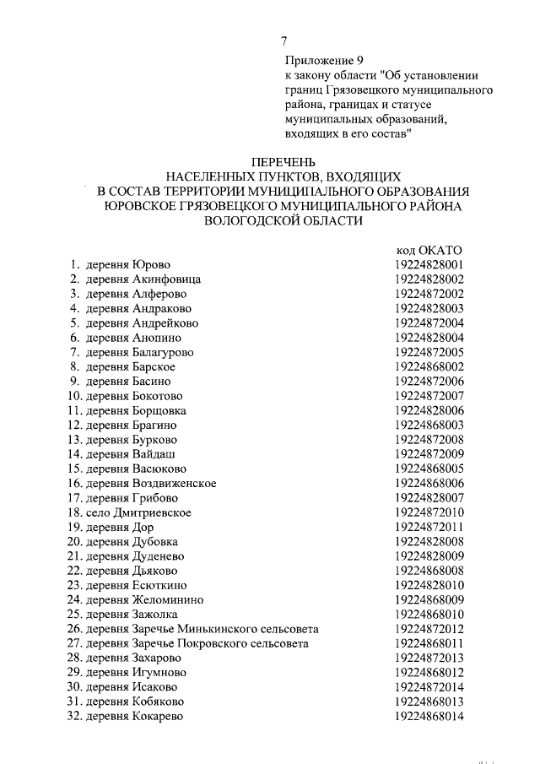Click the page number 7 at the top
pyautogui.click(x=284, y=40)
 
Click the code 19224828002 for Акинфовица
pyautogui.click(x=429, y=279)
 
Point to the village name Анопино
pyautogui.click(x=159, y=337)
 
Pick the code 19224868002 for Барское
pyautogui.click(x=429, y=366)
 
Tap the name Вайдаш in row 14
pyautogui.click(x=154, y=454)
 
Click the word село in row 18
pyautogui.click(x=97, y=512)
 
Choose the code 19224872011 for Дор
pyautogui.click(x=429, y=527)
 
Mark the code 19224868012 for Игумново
pyautogui.click(x=429, y=673)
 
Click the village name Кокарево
pyautogui.click(x=158, y=717)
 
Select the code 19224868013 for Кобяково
pyautogui.click(x=429, y=702)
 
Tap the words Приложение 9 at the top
pyautogui.click(x=319, y=61)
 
